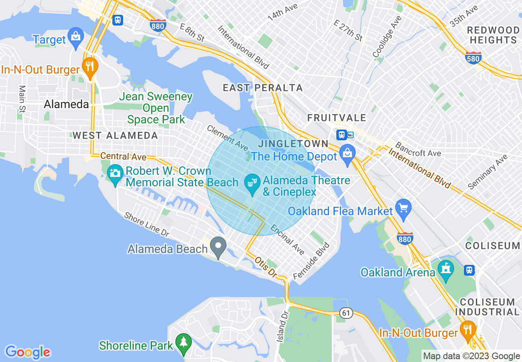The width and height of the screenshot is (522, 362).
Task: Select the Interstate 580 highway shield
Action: pos(473,58)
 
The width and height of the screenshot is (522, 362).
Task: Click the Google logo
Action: pos(28,352)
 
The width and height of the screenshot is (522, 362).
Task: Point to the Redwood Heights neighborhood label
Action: pos(494,35)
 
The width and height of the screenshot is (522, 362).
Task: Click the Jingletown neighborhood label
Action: pos(293,144)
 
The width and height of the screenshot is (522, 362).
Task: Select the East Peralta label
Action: pos(263,88)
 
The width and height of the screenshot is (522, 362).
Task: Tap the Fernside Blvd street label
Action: pos(311,261)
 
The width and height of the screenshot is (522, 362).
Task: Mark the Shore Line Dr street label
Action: pos(147,225)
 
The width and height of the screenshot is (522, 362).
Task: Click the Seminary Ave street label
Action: pos(487,172)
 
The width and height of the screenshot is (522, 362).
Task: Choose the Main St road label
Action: pos(22,99)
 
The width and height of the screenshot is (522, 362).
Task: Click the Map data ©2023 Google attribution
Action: pos(472,356)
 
